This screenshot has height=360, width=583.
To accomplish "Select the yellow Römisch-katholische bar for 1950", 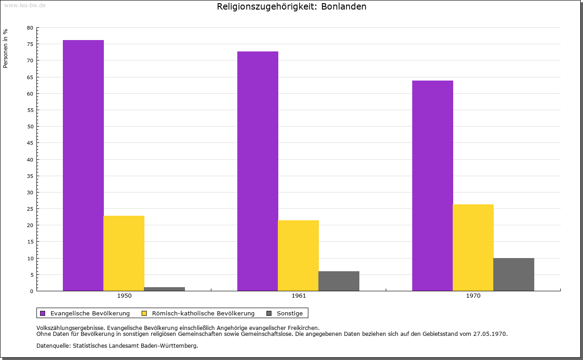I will click(124, 253).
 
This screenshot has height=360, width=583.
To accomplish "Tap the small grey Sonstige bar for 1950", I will click(164, 289).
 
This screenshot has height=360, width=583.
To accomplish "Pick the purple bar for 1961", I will click(258, 171).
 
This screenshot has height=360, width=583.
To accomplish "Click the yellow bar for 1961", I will click(298, 255).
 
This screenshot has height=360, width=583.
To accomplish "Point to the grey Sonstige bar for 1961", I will click(339, 281).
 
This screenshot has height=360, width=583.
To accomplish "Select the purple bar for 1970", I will click(433, 186).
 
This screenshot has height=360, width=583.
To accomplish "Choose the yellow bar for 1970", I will click(473, 248).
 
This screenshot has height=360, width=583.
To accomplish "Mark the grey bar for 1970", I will click(514, 274).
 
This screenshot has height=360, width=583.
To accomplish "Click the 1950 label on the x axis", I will click(124, 296).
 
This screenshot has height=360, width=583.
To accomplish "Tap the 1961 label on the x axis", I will click(299, 296).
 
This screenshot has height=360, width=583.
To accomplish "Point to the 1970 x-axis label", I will click(473, 296).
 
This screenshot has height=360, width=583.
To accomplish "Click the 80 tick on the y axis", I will click(30, 28).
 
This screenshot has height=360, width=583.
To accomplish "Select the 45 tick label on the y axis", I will click(30, 143).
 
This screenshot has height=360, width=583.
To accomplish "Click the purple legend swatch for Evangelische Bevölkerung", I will click(43, 313).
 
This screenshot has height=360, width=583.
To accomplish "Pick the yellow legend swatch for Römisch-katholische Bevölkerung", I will click(144, 313).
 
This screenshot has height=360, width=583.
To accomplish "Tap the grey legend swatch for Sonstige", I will click(269, 313).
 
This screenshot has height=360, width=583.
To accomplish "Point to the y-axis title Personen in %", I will click(5, 48).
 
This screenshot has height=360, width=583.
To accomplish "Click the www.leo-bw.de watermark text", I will click(25, 5).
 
